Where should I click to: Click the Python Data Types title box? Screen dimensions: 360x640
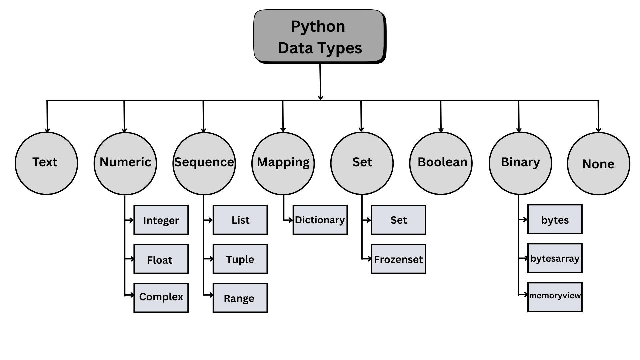point(319,37)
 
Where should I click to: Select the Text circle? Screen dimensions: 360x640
point(46,163)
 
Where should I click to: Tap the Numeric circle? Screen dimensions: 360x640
point(125,163)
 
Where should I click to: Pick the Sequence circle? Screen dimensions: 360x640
point(204,163)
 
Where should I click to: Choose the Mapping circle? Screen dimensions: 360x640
point(283,163)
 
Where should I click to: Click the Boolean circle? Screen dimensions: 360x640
point(441,163)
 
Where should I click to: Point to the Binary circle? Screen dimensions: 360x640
point(520,163)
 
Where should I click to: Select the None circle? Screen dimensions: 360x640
point(599,163)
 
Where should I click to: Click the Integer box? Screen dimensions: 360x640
point(161,220)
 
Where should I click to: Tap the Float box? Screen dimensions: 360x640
point(161,259)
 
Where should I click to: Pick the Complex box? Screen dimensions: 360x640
point(161,298)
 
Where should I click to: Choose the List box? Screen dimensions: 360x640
point(240,220)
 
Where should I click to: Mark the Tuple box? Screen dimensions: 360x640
point(240,259)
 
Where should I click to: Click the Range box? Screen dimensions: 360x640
point(240,298)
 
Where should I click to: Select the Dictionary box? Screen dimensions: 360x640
point(320,220)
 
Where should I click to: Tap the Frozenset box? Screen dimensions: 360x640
point(398,259)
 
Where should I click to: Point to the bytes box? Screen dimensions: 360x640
point(555,219)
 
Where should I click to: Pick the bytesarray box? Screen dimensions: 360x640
point(555,258)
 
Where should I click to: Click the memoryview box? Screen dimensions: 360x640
point(555,297)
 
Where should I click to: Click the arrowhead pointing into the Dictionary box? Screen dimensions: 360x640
point(291,220)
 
